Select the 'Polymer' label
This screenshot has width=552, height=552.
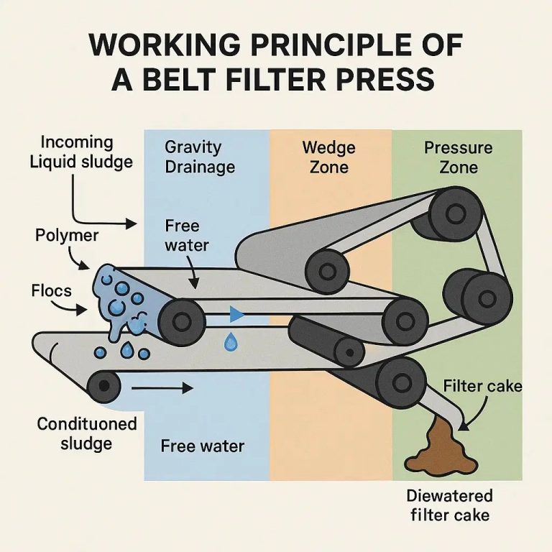tap(67, 235)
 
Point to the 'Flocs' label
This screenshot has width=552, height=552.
tap(51, 291)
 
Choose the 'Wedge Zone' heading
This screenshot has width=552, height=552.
tap(328, 157)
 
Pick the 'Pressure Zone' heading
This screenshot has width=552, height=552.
tap(458, 157)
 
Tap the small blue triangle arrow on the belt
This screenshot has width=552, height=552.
tap(235, 314)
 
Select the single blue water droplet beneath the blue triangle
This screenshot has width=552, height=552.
tap(230, 343)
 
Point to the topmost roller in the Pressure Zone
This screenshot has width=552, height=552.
tap(451, 213)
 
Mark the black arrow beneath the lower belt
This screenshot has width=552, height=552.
tap(163, 388)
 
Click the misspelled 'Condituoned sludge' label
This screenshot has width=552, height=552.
tap(86, 433)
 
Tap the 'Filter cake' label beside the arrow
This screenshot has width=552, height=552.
tap(482, 386)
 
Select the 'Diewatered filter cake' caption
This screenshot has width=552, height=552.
tap(449, 505)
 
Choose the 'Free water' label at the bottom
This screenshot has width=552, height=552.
tap(202, 446)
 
